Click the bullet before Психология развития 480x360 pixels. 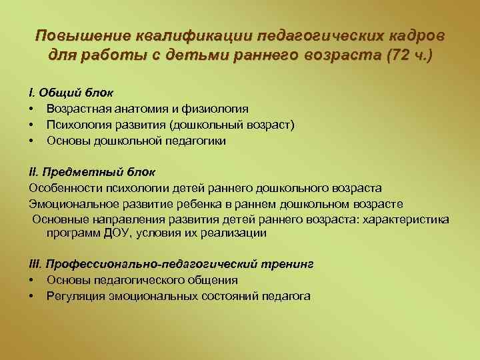(31, 125)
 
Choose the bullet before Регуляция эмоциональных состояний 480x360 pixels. (31, 296)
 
